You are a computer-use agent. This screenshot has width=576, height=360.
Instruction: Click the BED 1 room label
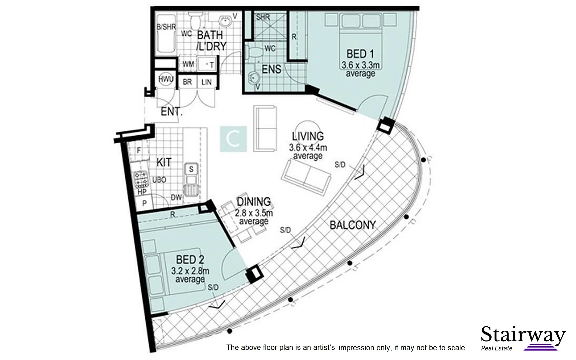pos(360,53)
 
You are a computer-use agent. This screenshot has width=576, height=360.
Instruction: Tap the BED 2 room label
pos(190,259)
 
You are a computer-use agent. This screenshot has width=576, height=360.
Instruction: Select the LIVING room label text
pos(308,136)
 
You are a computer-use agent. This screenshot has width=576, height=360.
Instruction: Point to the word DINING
pos(253,202)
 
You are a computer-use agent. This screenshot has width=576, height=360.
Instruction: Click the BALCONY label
pos(353,225)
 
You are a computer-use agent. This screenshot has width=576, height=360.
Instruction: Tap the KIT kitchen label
pos(164,162)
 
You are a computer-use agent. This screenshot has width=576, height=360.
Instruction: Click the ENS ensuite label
pos(271,69)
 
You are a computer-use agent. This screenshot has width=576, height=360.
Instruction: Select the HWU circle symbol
pos(166,79)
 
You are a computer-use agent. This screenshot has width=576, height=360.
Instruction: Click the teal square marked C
pos(233,139)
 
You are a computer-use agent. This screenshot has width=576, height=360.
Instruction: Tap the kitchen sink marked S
pos(191,169)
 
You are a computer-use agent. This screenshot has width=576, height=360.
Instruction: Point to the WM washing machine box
pos(188,64)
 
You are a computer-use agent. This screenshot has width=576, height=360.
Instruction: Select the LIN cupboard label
pos(206,82)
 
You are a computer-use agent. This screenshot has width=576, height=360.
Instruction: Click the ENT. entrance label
pos(171,111)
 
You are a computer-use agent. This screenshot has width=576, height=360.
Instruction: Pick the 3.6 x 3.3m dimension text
pos(360,65)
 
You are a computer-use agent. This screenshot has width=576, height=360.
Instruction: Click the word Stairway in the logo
pos(523,334)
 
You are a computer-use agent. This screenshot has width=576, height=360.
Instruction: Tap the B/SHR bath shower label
pos(166,27)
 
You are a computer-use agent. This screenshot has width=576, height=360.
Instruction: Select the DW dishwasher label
pos(176,197)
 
